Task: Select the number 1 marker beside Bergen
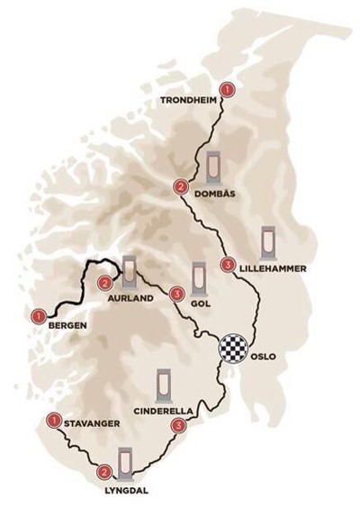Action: click(x=38, y=315)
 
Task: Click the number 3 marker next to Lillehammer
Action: click(x=227, y=265)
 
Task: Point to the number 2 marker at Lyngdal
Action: click(x=104, y=470)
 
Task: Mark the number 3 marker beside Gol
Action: click(x=176, y=294)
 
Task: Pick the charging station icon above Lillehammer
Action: click(x=268, y=240)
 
